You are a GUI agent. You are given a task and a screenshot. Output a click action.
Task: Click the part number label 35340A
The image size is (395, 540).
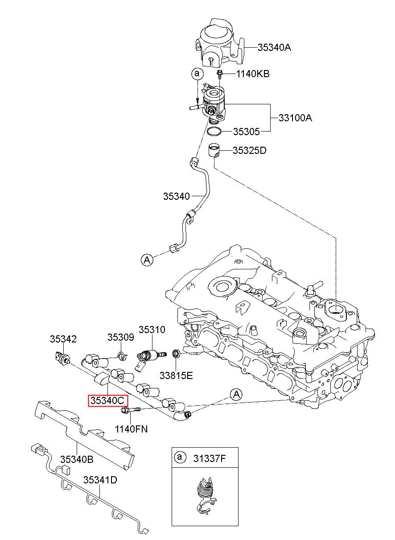[274, 48]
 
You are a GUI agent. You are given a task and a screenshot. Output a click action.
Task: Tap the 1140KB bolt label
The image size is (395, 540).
[253, 74]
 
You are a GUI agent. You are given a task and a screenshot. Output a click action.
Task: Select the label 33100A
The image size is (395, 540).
[295, 118]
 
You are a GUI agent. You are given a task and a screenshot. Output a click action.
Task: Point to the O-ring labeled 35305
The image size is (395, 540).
[214, 132]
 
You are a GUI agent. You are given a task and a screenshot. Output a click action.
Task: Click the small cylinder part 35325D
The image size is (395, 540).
[214, 151]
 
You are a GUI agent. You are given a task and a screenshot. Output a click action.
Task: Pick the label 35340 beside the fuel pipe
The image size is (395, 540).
[177, 196]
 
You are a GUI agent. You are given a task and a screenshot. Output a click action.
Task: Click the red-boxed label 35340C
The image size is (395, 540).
[107, 401]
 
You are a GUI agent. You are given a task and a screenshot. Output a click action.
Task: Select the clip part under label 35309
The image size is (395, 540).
[123, 356]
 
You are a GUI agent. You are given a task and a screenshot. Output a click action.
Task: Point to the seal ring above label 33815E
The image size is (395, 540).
[176, 354]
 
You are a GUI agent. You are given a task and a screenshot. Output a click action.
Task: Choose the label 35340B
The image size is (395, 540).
[77, 459]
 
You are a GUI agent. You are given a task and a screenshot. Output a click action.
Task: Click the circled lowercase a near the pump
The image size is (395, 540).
[197, 74]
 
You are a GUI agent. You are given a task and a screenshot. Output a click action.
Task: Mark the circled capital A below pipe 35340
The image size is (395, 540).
[147, 260]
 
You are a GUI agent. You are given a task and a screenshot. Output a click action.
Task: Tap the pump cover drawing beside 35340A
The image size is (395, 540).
[219, 43]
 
